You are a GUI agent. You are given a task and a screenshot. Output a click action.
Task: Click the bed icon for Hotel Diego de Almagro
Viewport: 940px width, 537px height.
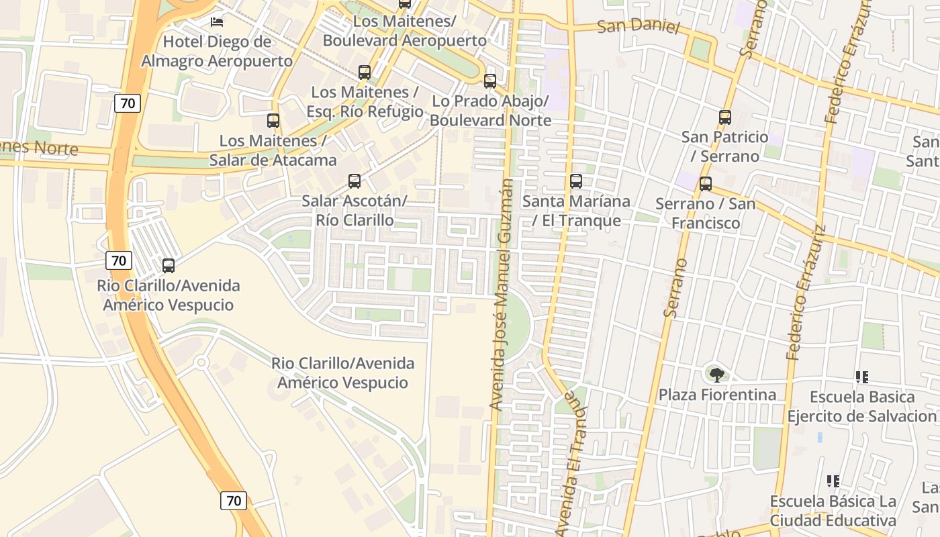pyautogui.click(x=217, y=21)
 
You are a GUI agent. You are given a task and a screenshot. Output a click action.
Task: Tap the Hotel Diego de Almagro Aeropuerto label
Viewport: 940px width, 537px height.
pyautogui.click(x=217, y=52)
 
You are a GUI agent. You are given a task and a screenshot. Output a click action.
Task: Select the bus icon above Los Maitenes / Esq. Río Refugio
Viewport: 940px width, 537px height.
pyautogui.click(x=365, y=72)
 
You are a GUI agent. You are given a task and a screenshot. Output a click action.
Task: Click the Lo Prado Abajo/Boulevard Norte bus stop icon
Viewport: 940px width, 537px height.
pyautogui.click(x=490, y=81)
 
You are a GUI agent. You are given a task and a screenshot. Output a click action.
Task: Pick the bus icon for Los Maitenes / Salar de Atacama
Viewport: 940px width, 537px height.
pyautogui.click(x=273, y=121)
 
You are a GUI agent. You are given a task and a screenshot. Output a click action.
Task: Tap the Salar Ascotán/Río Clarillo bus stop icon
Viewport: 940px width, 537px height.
pyautogui.click(x=355, y=181)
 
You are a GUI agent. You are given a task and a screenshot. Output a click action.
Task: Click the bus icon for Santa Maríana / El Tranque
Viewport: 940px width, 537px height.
pyautogui.click(x=576, y=181)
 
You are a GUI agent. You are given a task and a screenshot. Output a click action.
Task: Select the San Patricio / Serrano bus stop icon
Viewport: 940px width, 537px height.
pyautogui.click(x=725, y=117)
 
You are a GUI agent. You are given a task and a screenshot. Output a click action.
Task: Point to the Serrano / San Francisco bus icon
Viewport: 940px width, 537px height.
pyautogui.click(x=706, y=184)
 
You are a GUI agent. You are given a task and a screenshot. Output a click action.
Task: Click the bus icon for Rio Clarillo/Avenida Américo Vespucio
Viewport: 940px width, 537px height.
pyautogui.click(x=169, y=266)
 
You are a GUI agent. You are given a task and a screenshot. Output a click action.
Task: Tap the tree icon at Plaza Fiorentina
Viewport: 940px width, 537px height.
pyautogui.click(x=717, y=375)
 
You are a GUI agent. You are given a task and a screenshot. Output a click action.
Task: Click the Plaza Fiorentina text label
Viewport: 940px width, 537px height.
pyautogui.click(x=717, y=395)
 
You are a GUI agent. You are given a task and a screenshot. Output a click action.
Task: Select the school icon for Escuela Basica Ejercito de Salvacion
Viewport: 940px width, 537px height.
pyautogui.click(x=862, y=377)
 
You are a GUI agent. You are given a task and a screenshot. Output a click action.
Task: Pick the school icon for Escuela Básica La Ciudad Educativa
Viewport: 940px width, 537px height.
pyautogui.click(x=833, y=481)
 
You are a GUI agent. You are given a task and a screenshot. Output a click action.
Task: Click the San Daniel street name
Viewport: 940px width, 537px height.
pyautogui.click(x=639, y=27)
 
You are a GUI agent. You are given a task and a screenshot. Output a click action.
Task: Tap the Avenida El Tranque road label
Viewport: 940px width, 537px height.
pyautogui.click(x=568, y=463)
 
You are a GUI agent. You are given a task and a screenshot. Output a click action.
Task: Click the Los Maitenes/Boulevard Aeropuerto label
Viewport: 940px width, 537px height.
pyautogui.click(x=405, y=31)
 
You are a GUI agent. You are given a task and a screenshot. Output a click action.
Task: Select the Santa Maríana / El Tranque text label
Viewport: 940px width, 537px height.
pyautogui.click(x=577, y=211)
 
